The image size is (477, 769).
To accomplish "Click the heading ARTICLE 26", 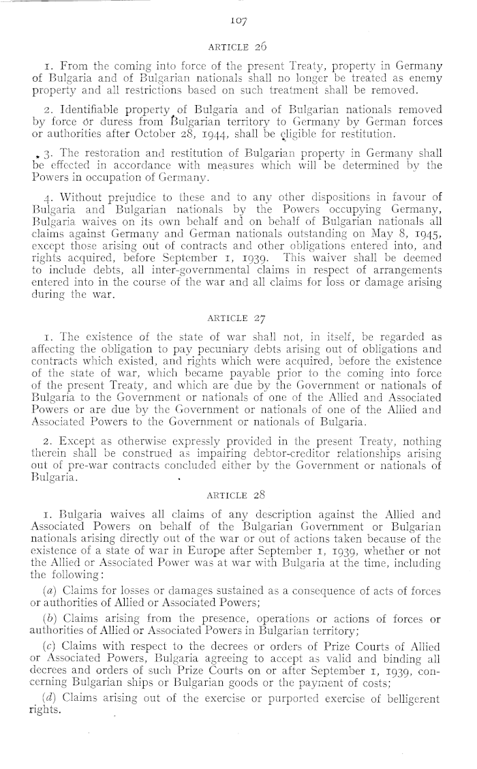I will coord(237,48).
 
